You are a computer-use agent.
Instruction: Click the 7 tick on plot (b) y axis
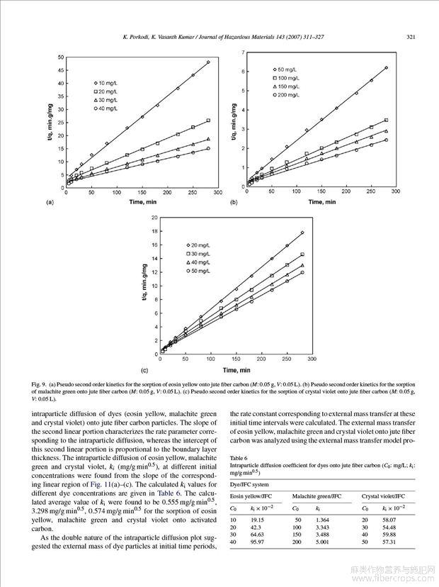[244, 52]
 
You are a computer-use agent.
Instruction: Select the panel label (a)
[50, 202]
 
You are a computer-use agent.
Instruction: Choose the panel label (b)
[234, 202]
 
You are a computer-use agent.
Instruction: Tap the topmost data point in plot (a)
[208, 62]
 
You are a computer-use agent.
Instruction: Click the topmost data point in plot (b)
[386, 68]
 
